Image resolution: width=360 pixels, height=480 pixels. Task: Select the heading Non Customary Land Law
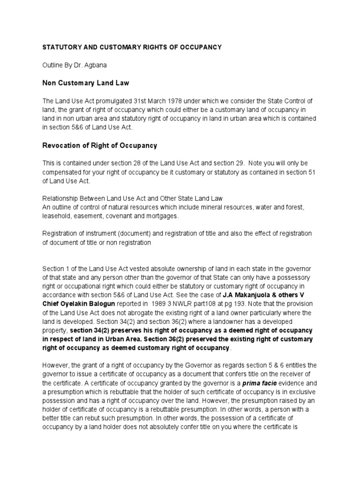point(86,83)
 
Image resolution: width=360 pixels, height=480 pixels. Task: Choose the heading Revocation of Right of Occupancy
point(100,145)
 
